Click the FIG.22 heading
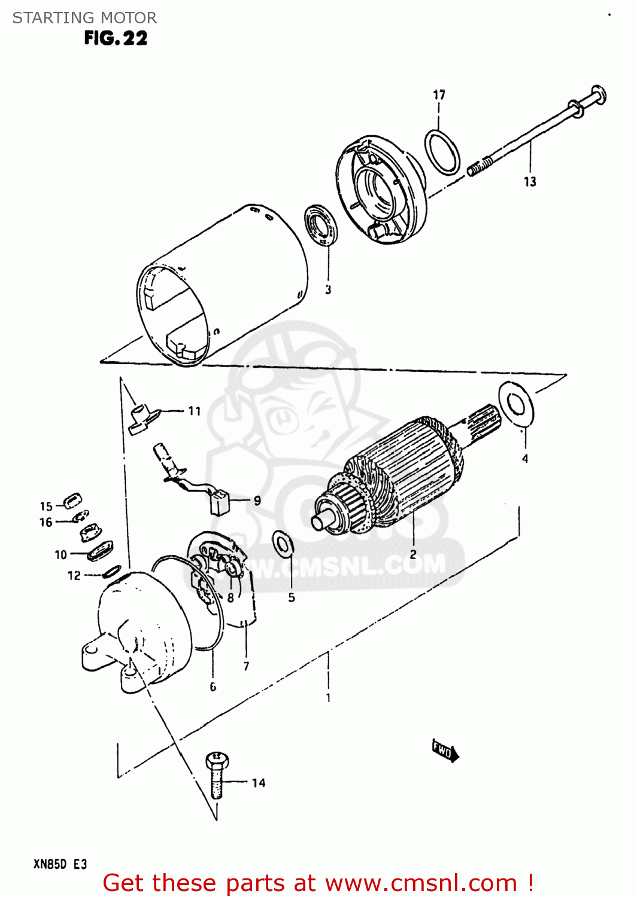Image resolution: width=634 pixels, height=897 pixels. click(x=116, y=38)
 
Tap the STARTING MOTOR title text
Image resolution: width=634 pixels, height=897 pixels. click(x=84, y=18)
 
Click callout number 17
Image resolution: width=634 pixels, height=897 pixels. click(x=439, y=94)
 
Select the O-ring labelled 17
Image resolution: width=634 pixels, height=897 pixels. click(x=442, y=152)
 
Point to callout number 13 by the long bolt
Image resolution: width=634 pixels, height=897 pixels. click(x=530, y=182)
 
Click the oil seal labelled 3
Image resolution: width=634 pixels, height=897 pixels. click(x=322, y=225)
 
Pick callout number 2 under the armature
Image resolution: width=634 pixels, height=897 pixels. click(x=413, y=554)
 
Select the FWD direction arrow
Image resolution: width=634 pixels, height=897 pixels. click(x=445, y=750)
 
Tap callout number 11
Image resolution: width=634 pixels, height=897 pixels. click(x=194, y=411)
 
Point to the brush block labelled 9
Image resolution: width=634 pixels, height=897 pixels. click(x=220, y=502)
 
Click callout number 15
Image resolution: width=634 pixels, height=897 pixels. click(x=46, y=506)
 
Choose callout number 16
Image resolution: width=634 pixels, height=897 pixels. click(x=46, y=522)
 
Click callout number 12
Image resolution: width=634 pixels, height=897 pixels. click(x=74, y=575)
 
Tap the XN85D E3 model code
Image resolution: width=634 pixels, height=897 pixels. click(x=60, y=864)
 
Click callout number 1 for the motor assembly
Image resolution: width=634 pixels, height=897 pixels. click(x=328, y=697)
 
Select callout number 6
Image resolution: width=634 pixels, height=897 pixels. click(x=213, y=687)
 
